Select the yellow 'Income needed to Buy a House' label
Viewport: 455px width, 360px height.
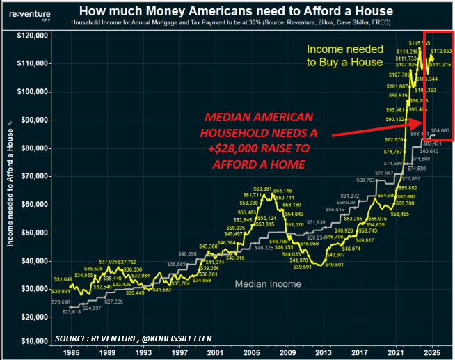(345, 56)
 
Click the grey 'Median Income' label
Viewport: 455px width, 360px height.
(268, 283)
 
